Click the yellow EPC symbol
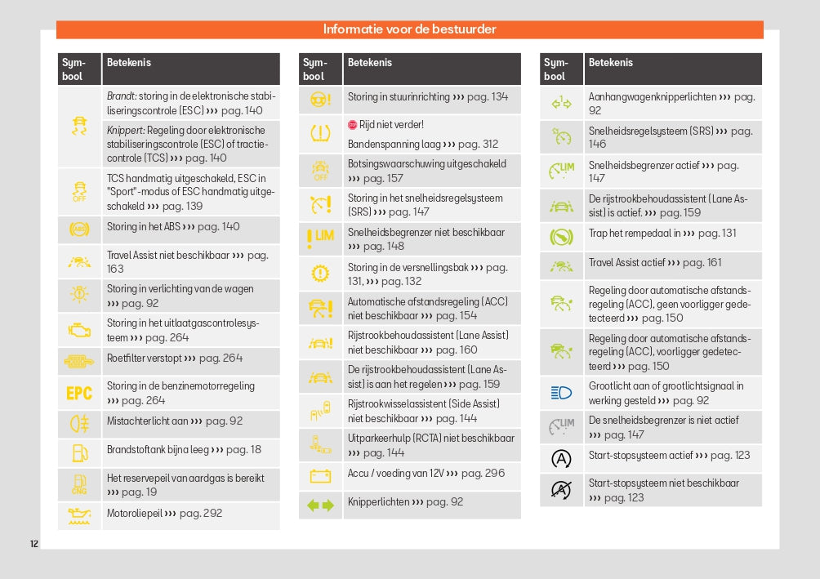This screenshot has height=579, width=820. pos(79,394)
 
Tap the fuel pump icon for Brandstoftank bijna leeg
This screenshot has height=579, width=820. pos(79,451)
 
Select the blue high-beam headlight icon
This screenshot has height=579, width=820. pos(561,393)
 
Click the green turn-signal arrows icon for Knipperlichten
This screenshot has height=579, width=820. pos(320,506)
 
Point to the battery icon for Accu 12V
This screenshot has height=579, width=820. pos(320,475)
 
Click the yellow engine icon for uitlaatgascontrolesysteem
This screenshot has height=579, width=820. pos(79,330)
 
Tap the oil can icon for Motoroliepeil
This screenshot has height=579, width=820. pos(79,515)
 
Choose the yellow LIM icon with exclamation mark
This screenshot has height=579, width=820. pos(320,238)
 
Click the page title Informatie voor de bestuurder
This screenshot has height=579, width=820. pos(409,29)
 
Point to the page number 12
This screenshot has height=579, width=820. pos(33,544)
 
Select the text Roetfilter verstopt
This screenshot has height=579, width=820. pos(151,358)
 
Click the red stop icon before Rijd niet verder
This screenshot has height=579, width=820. pos(352,125)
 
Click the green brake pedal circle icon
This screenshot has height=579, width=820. pos(561,237)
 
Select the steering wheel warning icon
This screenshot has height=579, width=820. pos(320,99)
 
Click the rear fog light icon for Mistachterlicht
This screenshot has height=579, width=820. pos(79,423)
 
